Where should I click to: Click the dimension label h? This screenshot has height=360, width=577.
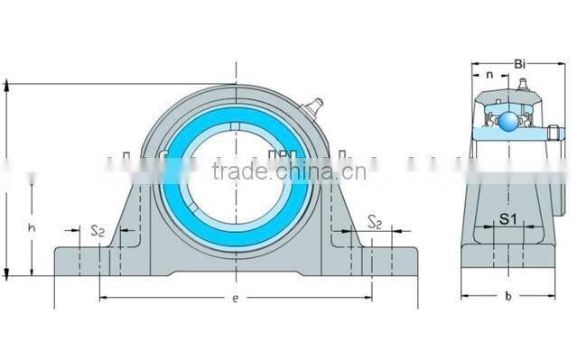(33, 229)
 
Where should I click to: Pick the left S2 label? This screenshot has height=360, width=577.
(98, 232)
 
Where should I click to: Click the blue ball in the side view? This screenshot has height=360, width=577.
(509, 122)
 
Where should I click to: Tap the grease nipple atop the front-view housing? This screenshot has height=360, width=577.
(312, 107)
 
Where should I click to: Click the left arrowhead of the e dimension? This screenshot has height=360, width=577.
(102, 296)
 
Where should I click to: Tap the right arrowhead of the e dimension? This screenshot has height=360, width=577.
(368, 296)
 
